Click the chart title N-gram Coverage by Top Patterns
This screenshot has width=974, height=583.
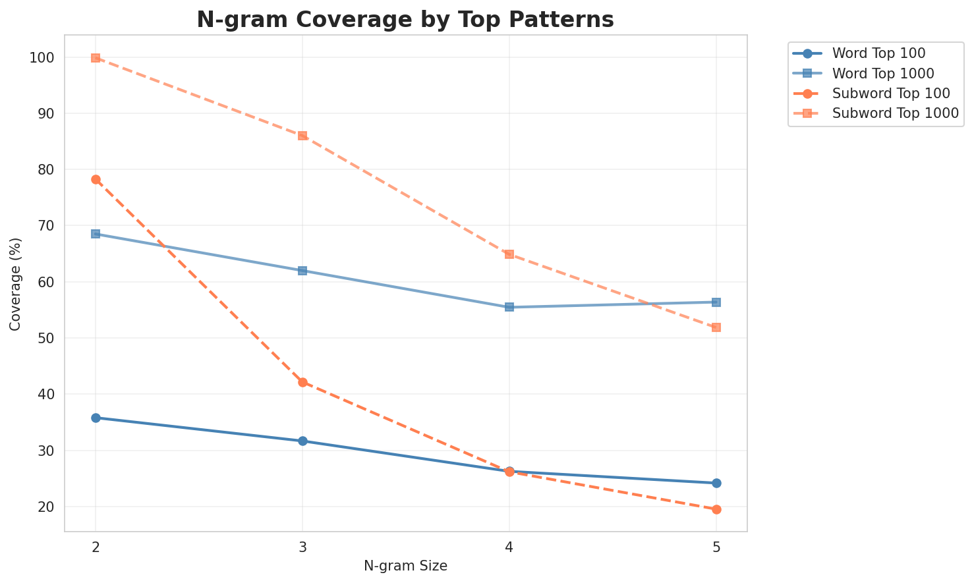(x=405, y=20)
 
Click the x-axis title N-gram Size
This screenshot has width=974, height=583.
(x=405, y=566)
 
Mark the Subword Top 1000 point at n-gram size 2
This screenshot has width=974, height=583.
(x=96, y=58)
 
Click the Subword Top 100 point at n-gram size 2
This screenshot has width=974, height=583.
(x=96, y=179)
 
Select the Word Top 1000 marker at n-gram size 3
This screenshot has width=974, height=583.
(x=302, y=271)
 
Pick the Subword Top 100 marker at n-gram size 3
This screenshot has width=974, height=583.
(x=302, y=382)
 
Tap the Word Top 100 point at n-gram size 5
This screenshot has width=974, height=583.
(x=716, y=483)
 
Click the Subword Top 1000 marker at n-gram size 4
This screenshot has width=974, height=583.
(x=509, y=254)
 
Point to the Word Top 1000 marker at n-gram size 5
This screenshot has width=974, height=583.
(x=716, y=302)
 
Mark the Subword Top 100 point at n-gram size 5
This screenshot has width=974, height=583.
(x=716, y=509)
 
